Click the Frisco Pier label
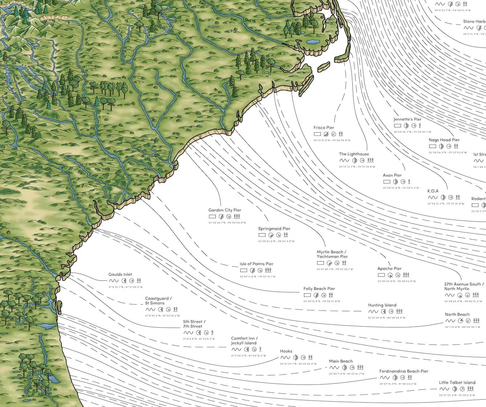(x=324, y=128)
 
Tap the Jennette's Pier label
(x=408, y=119)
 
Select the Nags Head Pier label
(x=444, y=140)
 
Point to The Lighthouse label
(x=354, y=154)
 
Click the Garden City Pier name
(x=224, y=210)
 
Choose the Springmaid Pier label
(x=274, y=229)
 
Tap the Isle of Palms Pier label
(x=256, y=264)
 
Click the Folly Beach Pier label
(x=319, y=289)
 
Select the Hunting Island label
(x=382, y=305)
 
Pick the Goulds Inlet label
(x=120, y=275)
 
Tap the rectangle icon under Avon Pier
(x=386, y=181)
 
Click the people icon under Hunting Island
(x=400, y=312)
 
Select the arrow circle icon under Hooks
(x=303, y=358)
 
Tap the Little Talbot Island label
(x=457, y=383)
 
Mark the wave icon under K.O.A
(x=433, y=198)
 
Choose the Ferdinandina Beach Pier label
(x=404, y=371)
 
